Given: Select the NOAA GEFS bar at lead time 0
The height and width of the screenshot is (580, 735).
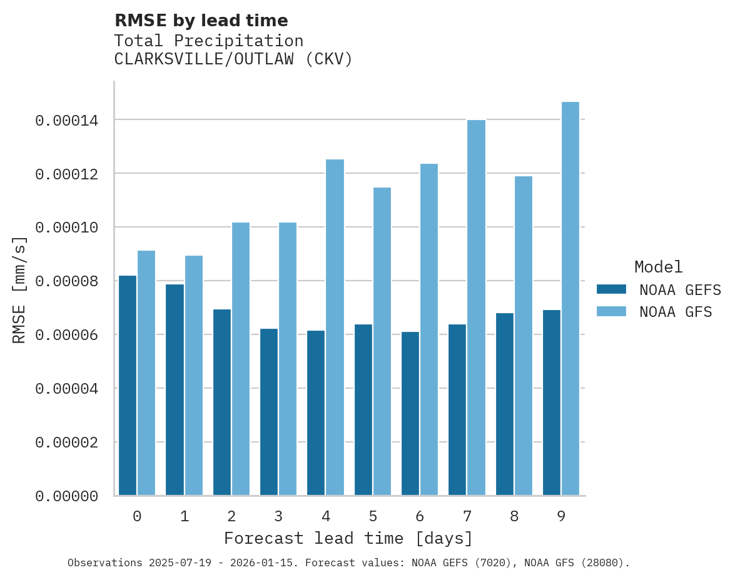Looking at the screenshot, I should (x=128, y=386).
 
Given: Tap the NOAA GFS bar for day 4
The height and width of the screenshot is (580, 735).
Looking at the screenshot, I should (x=335, y=327).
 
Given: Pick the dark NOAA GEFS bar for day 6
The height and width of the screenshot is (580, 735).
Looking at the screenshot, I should (x=410, y=414).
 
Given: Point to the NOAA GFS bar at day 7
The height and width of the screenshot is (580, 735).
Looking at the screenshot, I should (x=476, y=307).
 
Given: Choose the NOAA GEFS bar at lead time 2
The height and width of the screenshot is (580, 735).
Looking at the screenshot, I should (x=222, y=402).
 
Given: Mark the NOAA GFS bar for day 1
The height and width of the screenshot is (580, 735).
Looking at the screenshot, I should (x=194, y=376).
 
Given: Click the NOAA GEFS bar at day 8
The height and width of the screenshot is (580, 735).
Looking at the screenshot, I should (x=505, y=404).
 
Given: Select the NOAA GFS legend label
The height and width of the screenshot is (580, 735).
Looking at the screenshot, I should (x=676, y=312).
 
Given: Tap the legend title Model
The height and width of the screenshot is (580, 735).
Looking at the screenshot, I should (x=658, y=267).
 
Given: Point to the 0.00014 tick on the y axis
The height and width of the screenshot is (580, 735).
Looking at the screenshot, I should (x=66, y=120).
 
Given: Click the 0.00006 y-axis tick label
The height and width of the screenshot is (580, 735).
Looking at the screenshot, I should (x=66, y=335).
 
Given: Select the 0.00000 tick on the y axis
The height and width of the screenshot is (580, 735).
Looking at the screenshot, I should (x=66, y=496).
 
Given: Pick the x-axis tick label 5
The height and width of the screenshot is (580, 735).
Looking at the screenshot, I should (x=373, y=516).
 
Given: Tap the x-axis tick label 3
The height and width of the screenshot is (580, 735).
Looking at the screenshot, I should (x=278, y=516).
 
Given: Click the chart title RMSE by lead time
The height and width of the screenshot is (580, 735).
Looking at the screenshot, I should (x=201, y=21).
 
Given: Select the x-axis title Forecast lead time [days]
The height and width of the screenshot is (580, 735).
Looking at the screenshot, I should (x=348, y=538).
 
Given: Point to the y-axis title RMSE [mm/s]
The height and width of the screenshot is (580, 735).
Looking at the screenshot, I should (x=19, y=289).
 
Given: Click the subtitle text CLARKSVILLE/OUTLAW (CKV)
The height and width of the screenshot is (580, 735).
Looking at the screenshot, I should (x=233, y=59).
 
